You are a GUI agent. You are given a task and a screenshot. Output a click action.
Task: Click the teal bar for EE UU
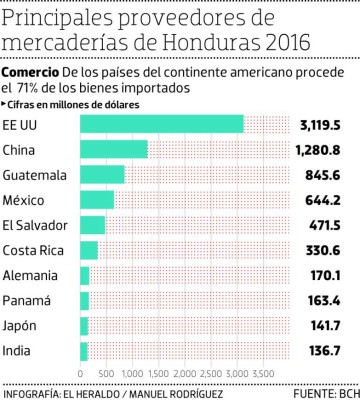(161, 124)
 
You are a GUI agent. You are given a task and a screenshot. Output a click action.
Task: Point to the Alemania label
(31, 275)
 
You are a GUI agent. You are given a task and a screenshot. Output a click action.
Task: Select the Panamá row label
(28, 300)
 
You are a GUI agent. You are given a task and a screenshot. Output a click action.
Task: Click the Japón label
(23, 326)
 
